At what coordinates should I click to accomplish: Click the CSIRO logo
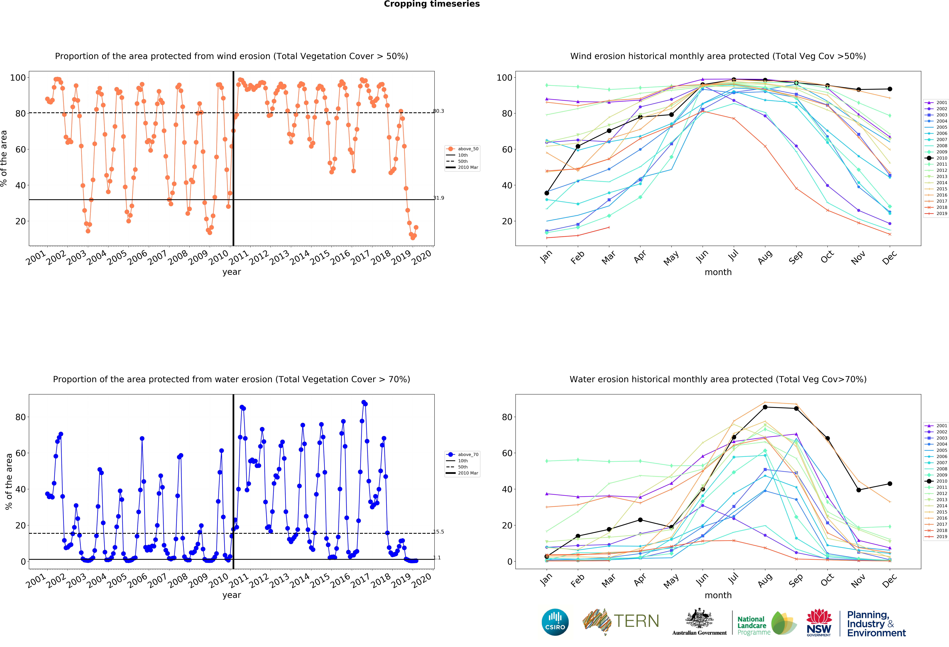[x=555, y=622]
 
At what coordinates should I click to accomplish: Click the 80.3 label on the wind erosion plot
[x=439, y=111]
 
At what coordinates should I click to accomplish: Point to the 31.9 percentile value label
[x=439, y=198]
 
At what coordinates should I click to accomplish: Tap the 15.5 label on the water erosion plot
[x=439, y=532]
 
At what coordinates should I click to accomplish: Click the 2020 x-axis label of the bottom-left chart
[x=421, y=580]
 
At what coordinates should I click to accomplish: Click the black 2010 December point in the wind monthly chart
[x=890, y=89]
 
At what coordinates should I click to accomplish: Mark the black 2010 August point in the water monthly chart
[x=765, y=407]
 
